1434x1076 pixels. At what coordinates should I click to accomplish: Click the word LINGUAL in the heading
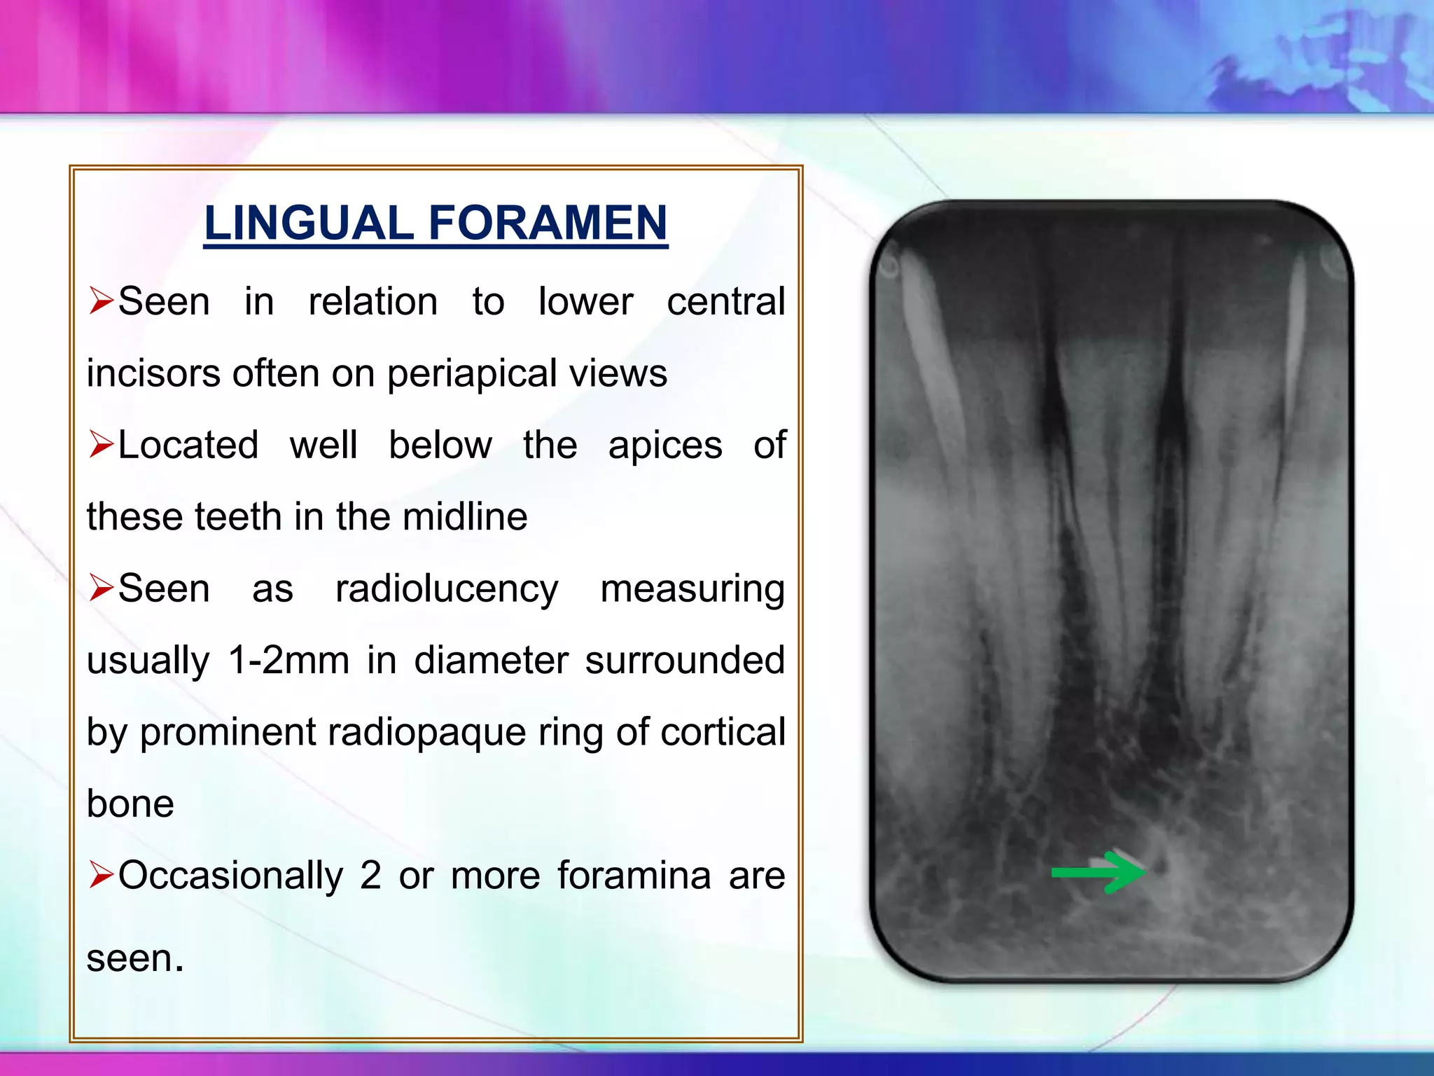[309, 223]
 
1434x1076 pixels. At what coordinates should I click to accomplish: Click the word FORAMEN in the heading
[548, 223]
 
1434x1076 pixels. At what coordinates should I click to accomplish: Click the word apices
[665, 445]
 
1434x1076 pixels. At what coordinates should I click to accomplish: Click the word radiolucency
[447, 588]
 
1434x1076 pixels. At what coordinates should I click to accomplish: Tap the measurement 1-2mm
[289, 661]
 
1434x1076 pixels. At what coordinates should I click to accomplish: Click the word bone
[130, 803]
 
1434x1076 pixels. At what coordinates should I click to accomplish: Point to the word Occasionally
[231, 876]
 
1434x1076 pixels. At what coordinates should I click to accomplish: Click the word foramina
[634, 876]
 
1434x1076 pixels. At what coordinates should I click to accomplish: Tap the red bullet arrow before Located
[101, 445]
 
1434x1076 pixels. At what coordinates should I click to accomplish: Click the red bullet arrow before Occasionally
[101, 875]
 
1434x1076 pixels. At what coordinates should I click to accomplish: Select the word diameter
[491, 661]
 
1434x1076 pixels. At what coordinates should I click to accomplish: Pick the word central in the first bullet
[726, 302]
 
